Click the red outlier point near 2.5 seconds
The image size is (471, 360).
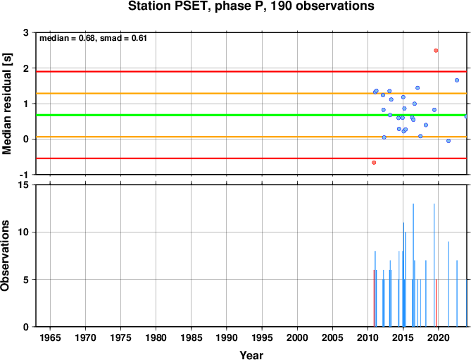pyautogui.click(x=436, y=51)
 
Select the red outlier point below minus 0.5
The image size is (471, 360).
pyautogui.click(x=374, y=163)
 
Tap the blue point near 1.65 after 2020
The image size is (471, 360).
pyautogui.click(x=457, y=80)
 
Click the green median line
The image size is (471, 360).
pyautogui.click(x=251, y=115)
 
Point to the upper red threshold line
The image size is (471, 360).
pyautogui.click(x=251, y=72)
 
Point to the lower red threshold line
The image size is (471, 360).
pyautogui.click(x=251, y=159)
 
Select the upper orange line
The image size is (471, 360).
pyautogui.click(x=251, y=94)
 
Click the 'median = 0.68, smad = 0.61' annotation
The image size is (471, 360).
pyautogui.click(x=93, y=38)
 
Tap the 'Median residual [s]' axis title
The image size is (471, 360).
pyautogui.click(x=6, y=104)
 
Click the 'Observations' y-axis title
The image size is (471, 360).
pyautogui.click(x=5, y=256)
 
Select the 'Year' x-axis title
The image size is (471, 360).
pyautogui.click(x=251, y=355)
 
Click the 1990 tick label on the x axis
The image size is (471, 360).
pyautogui.click(x=227, y=337)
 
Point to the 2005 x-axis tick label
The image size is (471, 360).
pyautogui.click(x=332, y=337)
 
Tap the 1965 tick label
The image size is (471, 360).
pyautogui.click(x=50, y=337)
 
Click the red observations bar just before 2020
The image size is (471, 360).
pyautogui.click(x=437, y=303)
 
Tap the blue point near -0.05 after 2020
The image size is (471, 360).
pyautogui.click(x=448, y=141)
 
